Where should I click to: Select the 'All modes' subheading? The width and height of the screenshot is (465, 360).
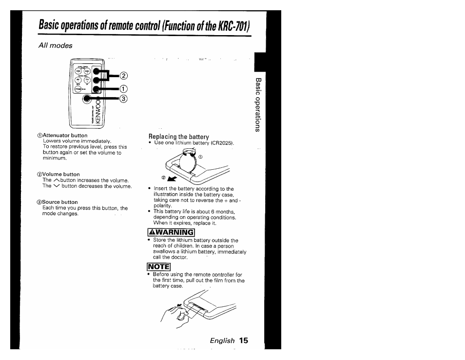pyautogui.click(x=55, y=45)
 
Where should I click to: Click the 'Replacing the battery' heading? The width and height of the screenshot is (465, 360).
pyautogui.click(x=178, y=137)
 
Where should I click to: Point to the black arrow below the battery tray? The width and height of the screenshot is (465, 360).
pyautogui.click(x=172, y=179)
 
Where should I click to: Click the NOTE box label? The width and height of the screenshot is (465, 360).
pyautogui.click(x=159, y=267)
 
